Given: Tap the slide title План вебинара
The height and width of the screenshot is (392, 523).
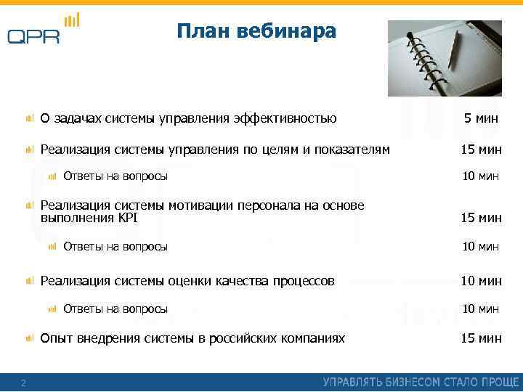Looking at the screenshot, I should coord(256,32).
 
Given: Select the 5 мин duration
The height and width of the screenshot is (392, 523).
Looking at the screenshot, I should coord(481,118).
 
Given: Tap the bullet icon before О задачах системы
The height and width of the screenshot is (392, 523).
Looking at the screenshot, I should coord(29,118).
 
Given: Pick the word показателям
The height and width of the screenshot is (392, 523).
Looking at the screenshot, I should coord(352,150).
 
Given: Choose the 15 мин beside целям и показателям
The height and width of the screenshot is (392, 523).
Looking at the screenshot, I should coord(481,150).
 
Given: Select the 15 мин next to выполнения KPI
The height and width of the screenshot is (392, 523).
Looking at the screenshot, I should coord(481,218).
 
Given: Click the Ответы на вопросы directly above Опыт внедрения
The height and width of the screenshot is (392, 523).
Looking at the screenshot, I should coord(115,309).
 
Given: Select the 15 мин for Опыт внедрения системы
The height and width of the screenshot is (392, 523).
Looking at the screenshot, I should coord(481,338).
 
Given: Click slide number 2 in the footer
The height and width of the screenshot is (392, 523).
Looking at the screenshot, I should coord(23,383).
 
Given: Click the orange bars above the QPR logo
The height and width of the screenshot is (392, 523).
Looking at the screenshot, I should coord(72,20).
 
